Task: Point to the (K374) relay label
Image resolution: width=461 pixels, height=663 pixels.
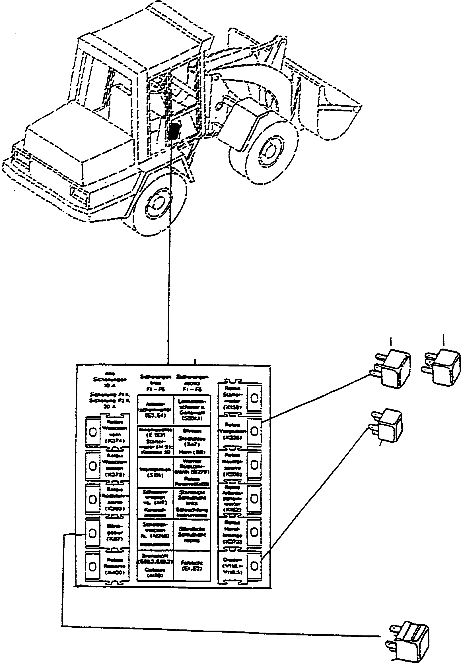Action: tap(115, 441)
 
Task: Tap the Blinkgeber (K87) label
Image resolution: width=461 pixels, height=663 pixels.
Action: tap(115, 534)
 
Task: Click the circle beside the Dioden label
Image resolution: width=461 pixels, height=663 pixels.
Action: tap(254, 566)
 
